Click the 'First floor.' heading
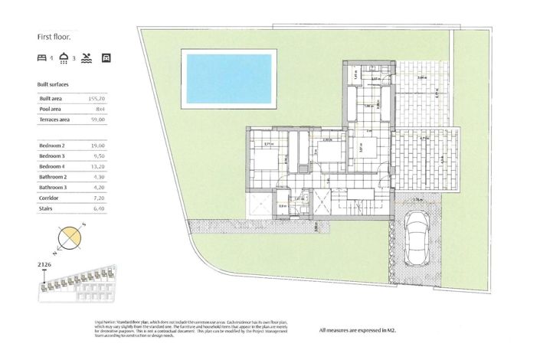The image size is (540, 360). pos(54,36)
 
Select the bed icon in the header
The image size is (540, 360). pos(42,57)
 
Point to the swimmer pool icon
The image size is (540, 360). pos(87,57)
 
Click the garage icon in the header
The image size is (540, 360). pos(106,57)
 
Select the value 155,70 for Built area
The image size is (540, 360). pos(96,99)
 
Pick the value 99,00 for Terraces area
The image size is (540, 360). pos(96,120)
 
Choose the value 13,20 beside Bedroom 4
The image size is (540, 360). pos(96,165)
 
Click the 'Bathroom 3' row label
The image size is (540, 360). pos(54,187)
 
